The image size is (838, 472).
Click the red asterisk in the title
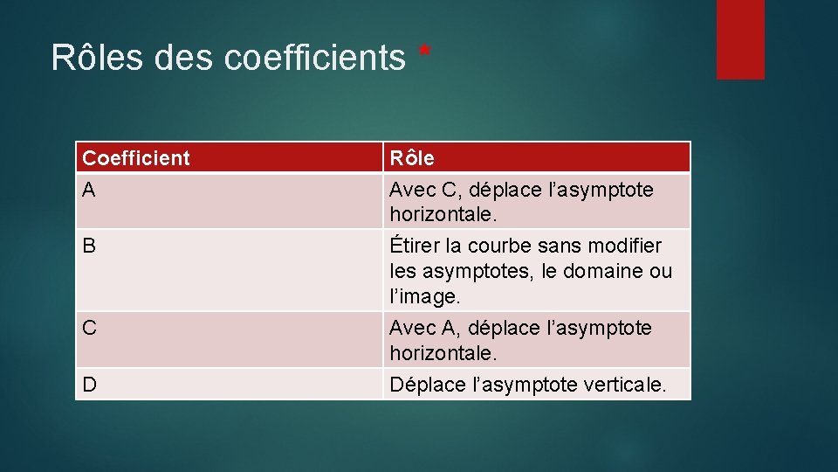click(x=424, y=52)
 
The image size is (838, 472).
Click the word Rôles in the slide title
click(x=97, y=58)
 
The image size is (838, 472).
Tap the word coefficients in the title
click(x=314, y=58)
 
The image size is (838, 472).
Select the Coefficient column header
click(x=135, y=158)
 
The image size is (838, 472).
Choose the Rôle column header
click(x=412, y=158)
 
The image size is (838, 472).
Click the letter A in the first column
click(x=89, y=189)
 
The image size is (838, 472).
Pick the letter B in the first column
click(x=89, y=246)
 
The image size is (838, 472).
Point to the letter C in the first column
click(x=89, y=328)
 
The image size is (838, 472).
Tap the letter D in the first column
click(x=89, y=385)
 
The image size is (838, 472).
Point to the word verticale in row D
click(x=622, y=385)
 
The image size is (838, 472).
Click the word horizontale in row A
click(x=443, y=214)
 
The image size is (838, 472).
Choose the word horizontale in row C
click(x=443, y=353)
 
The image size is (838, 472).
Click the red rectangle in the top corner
click(x=740, y=39)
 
